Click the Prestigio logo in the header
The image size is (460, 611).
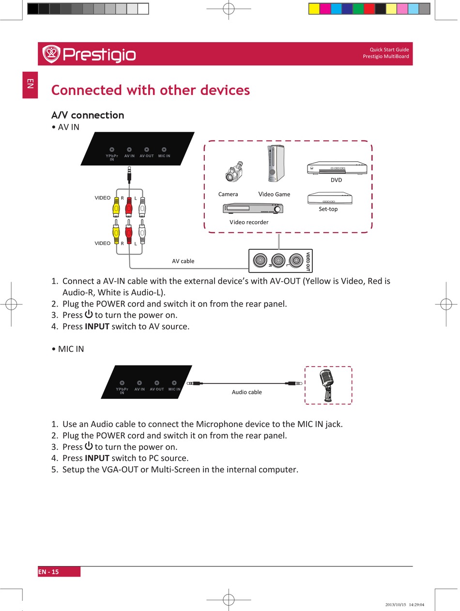pos(89,54)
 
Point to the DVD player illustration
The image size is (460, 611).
pos(337,168)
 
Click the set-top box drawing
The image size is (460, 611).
pos(329,198)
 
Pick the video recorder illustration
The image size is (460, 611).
pos(252,208)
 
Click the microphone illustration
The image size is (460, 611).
pos(328,385)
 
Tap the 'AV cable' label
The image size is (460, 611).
pos(183,261)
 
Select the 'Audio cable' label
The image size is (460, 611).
pos(246,392)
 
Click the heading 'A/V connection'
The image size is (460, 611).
pos(88,115)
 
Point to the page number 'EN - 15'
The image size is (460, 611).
pos(48,572)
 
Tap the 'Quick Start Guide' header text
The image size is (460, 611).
pos(389,49)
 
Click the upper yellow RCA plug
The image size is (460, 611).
pos(116,208)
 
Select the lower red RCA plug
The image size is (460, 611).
pos(129,231)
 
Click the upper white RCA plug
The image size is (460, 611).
pos(142,208)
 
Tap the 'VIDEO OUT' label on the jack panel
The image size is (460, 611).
pos(308,261)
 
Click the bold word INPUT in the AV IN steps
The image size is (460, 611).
pos(97,326)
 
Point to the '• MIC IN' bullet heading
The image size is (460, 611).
pos(68,349)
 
